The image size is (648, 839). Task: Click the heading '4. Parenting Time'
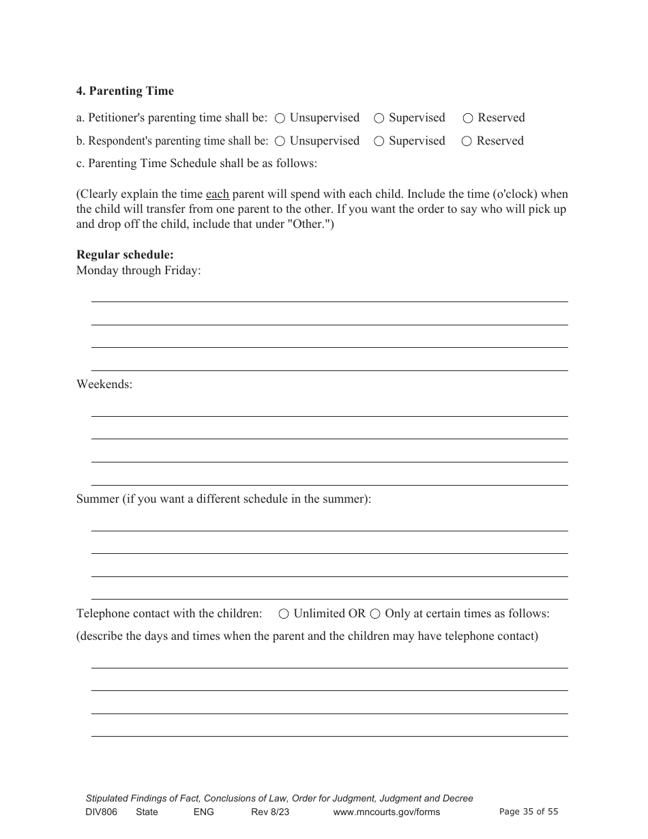click(x=125, y=91)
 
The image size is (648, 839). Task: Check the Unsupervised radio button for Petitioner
click(x=280, y=119)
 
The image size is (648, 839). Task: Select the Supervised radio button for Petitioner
click(x=379, y=119)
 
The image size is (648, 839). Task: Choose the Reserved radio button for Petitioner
click(x=468, y=119)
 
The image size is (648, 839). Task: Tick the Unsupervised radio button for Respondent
click(x=280, y=142)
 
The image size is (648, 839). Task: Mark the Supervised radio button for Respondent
click(x=379, y=142)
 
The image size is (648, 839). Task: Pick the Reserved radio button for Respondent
click(x=467, y=142)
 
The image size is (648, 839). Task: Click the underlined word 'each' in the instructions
click(x=217, y=194)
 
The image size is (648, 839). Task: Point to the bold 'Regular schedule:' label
click(x=125, y=255)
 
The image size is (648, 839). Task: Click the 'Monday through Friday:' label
click(x=138, y=271)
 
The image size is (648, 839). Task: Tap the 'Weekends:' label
click(x=104, y=385)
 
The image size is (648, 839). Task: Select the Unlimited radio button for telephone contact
click(x=284, y=614)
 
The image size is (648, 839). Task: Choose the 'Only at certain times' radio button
click(x=375, y=614)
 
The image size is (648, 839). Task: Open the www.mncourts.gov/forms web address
click(x=386, y=812)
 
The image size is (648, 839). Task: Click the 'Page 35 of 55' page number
click(x=529, y=812)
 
